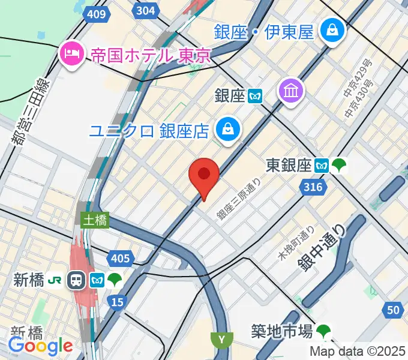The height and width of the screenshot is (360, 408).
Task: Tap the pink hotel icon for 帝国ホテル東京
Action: coord(72,55)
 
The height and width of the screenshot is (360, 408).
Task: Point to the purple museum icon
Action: coord(291,92)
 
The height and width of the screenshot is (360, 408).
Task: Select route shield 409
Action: coord(97,13)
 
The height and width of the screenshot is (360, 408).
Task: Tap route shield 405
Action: coord(121,259)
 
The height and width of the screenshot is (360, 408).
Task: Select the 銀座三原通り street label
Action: coord(239,200)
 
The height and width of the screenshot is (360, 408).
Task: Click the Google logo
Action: coord(40,346)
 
